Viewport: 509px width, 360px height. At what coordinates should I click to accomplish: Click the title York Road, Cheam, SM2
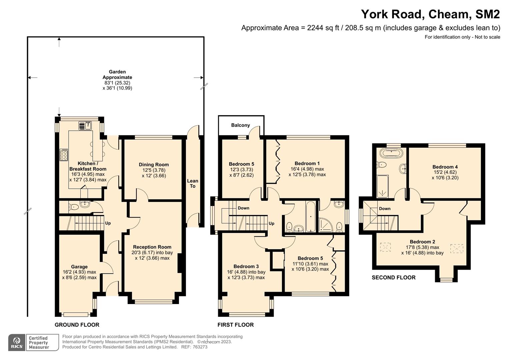click(x=430, y=14)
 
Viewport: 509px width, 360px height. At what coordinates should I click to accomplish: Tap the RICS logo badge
click(x=17, y=342)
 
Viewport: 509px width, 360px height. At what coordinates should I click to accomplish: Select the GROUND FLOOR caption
click(x=77, y=325)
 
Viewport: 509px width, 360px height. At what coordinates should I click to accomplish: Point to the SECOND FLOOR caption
click(x=393, y=277)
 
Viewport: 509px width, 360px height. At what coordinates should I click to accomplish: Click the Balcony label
click(x=240, y=125)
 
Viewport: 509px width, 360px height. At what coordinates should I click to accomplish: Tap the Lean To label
click(x=192, y=183)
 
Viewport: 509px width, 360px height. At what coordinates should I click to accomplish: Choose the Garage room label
click(x=79, y=267)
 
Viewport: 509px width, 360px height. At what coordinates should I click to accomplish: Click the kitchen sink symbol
click(x=86, y=126)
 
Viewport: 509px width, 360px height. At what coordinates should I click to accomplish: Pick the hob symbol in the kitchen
click(x=64, y=155)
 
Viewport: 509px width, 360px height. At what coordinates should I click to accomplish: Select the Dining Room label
click(x=154, y=165)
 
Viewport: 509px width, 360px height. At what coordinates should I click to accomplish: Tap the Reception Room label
click(x=152, y=247)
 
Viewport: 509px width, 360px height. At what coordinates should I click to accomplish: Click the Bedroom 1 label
click(x=307, y=163)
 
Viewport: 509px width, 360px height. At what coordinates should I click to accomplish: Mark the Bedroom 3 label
click(x=246, y=266)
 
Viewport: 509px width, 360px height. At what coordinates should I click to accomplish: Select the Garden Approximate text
click(x=117, y=74)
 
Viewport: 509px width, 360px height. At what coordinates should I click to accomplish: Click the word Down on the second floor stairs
click(x=385, y=209)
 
